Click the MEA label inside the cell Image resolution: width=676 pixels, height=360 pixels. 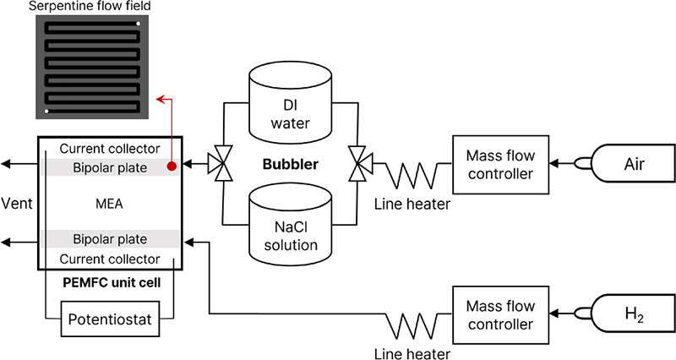pyautogui.click(x=110, y=204)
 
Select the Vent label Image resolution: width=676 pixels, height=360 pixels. pyautogui.click(x=18, y=204)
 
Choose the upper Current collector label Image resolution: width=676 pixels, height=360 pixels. pyautogui.click(x=110, y=149)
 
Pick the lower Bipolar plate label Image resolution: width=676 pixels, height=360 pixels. pyautogui.click(x=110, y=240)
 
